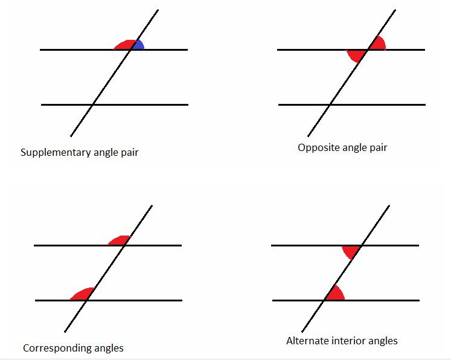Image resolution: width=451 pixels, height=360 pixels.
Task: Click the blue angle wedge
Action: click(138, 45)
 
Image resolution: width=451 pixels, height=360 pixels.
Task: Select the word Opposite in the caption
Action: click(316, 147)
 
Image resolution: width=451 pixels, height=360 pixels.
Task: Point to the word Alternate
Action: click(305, 341)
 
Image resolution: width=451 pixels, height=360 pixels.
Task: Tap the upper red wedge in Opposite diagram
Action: click(377, 44)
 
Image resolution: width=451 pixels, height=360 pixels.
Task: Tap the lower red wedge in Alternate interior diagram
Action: click(335, 294)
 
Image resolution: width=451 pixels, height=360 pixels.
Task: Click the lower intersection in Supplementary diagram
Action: click(91, 104)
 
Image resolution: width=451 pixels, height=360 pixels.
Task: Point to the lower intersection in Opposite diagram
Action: click(328, 104)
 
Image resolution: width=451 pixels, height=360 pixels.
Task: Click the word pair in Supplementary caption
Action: click(130, 153)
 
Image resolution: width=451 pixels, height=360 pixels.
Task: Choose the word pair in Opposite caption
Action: click(379, 147)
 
